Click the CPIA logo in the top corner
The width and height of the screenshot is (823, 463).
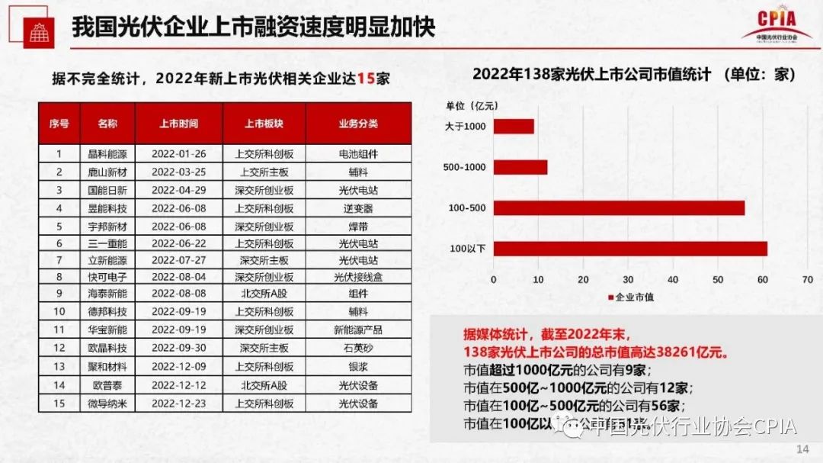pos(777,24)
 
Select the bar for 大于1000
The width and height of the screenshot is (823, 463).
pos(514,127)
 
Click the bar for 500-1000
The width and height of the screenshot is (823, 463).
pos(520,167)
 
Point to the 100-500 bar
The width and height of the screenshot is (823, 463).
pos(619,207)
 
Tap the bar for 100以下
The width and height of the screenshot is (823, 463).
pos(630,248)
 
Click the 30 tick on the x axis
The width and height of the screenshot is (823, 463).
pos(628,280)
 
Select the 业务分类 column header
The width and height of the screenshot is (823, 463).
pos(358,124)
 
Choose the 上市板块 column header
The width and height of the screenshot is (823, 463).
pos(264,124)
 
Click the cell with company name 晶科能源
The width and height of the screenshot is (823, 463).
pos(107,154)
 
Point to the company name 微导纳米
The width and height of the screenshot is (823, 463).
pos(107,403)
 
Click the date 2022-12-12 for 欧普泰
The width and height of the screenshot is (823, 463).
pos(178,385)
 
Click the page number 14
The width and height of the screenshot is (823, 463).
pos(802,449)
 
